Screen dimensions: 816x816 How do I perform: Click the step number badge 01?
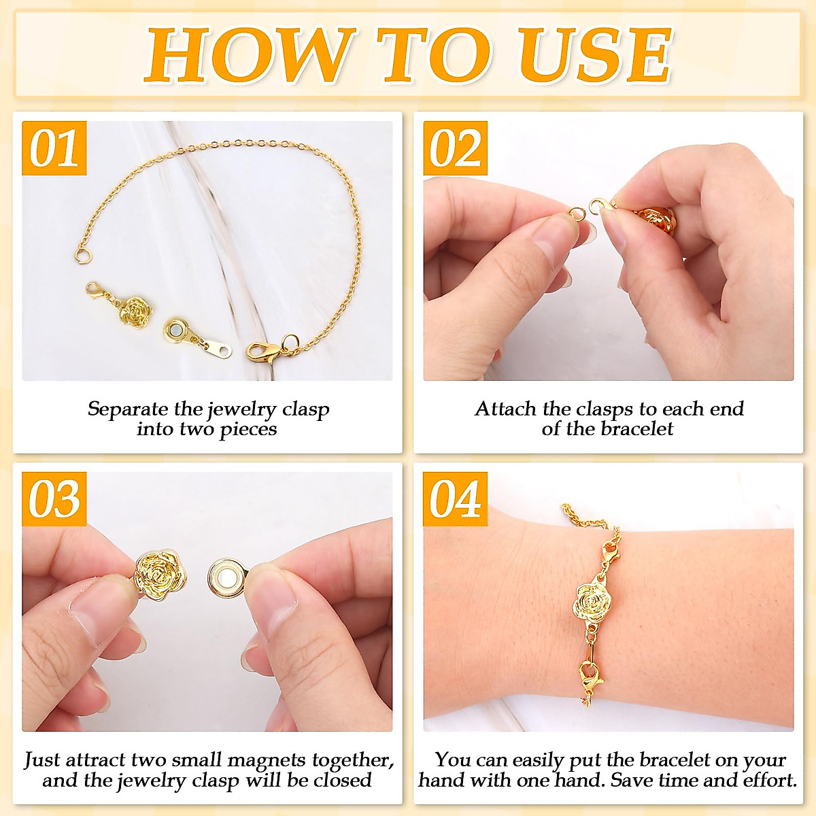54,148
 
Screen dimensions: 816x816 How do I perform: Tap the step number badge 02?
455,148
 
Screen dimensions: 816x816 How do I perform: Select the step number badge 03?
54,499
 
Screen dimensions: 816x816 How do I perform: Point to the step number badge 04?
455,499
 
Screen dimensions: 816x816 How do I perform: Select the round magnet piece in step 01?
178,333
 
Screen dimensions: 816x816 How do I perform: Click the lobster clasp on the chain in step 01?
262,352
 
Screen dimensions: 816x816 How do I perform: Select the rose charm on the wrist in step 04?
590,601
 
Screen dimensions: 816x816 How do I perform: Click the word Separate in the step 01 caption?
128,409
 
